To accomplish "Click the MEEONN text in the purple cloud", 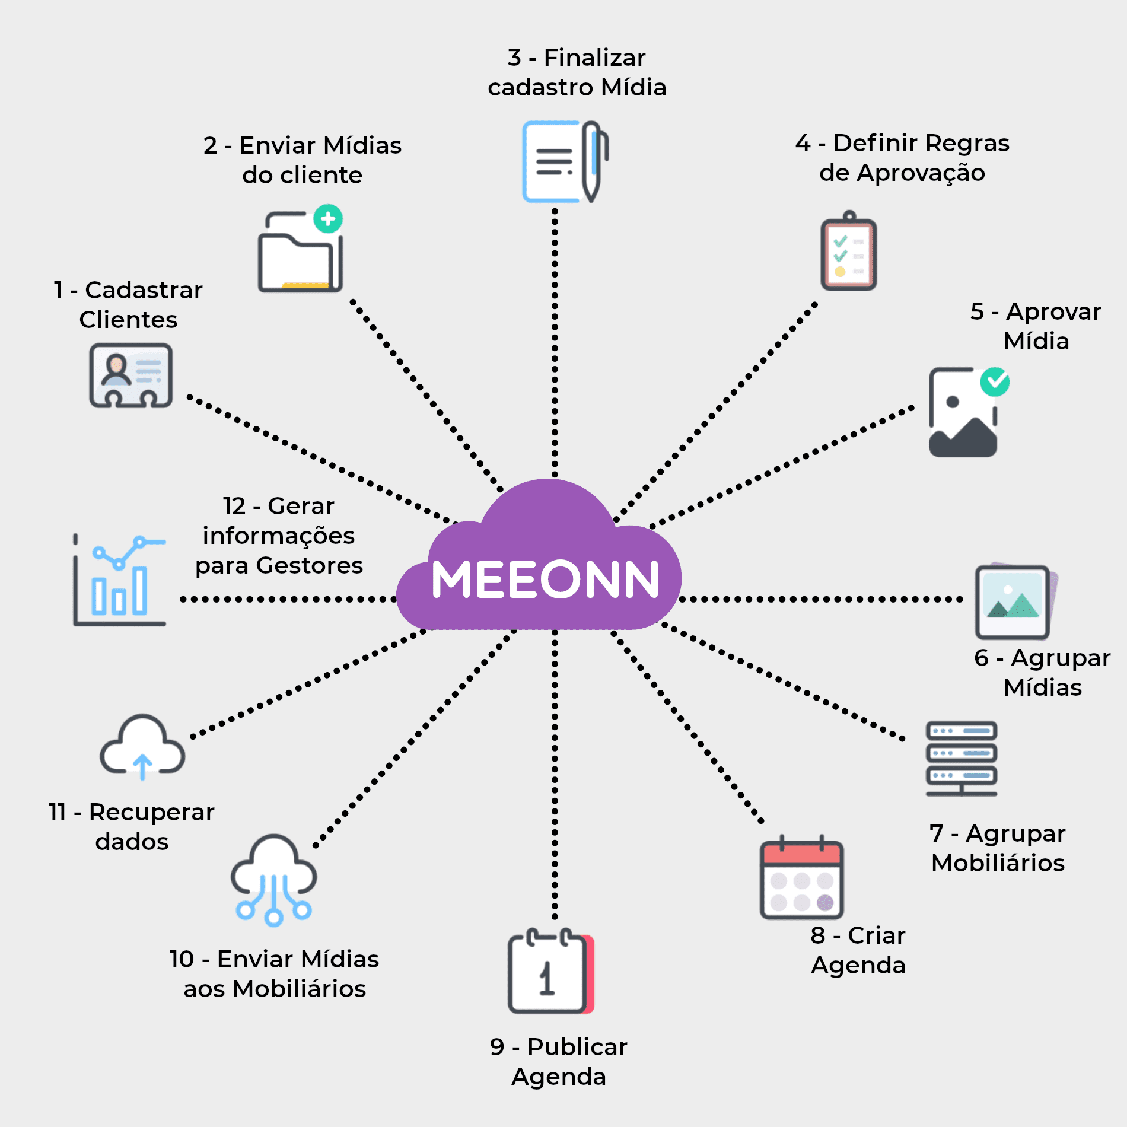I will pos(545,579).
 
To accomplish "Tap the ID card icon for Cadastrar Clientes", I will pos(131,375).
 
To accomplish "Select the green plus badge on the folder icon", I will pos(328,219).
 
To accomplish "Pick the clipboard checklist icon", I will pos(849,253).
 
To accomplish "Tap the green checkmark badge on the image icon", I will pos(995,383).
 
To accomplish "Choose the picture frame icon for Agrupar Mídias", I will pos(1014,601).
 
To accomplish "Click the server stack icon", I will pos(962,759).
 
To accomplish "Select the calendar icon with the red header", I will pos(801,880).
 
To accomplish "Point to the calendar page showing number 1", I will pos(547,973).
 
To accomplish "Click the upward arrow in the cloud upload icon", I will pos(142,766).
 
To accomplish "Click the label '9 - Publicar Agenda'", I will pos(559,1062).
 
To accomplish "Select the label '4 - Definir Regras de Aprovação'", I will pos(902,158).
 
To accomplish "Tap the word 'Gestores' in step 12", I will pos(309,565).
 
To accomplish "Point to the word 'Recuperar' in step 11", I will pos(152,812).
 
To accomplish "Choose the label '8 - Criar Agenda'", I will pos(858,950).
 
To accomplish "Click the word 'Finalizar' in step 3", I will pos(594,58).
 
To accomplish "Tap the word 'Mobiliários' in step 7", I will pos(998,863).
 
